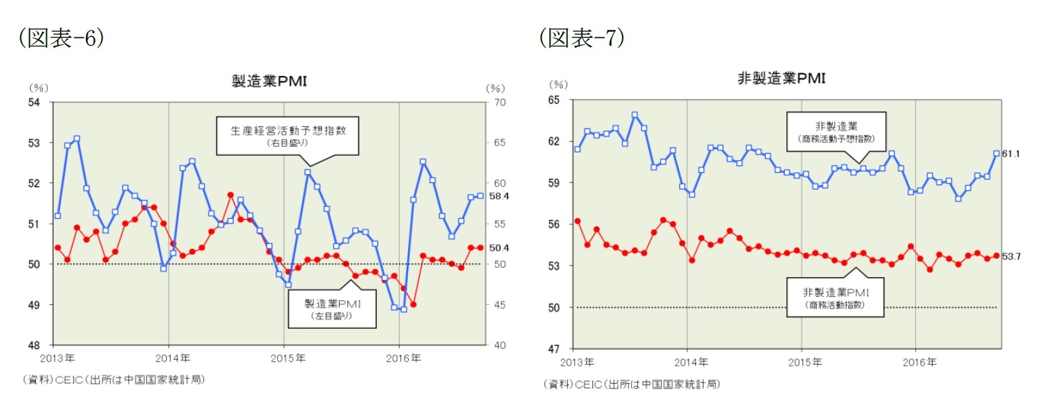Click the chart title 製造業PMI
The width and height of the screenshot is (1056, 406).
[x=269, y=82]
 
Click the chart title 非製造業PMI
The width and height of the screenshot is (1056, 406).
[x=781, y=78]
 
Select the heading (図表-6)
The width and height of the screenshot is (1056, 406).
[x=62, y=39]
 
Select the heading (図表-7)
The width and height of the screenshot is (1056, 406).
[x=582, y=39]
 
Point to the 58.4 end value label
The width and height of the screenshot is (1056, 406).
[x=499, y=197]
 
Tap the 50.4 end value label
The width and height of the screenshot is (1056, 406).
[x=499, y=248]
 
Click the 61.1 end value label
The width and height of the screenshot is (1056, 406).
[x=1011, y=154]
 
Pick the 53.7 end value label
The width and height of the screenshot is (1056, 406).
[x=1011, y=256]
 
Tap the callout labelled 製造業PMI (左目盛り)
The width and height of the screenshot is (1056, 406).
[x=332, y=309]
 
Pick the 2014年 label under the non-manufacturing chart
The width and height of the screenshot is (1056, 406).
[x=691, y=362]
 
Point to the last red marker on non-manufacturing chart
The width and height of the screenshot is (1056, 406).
[x=996, y=256]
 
